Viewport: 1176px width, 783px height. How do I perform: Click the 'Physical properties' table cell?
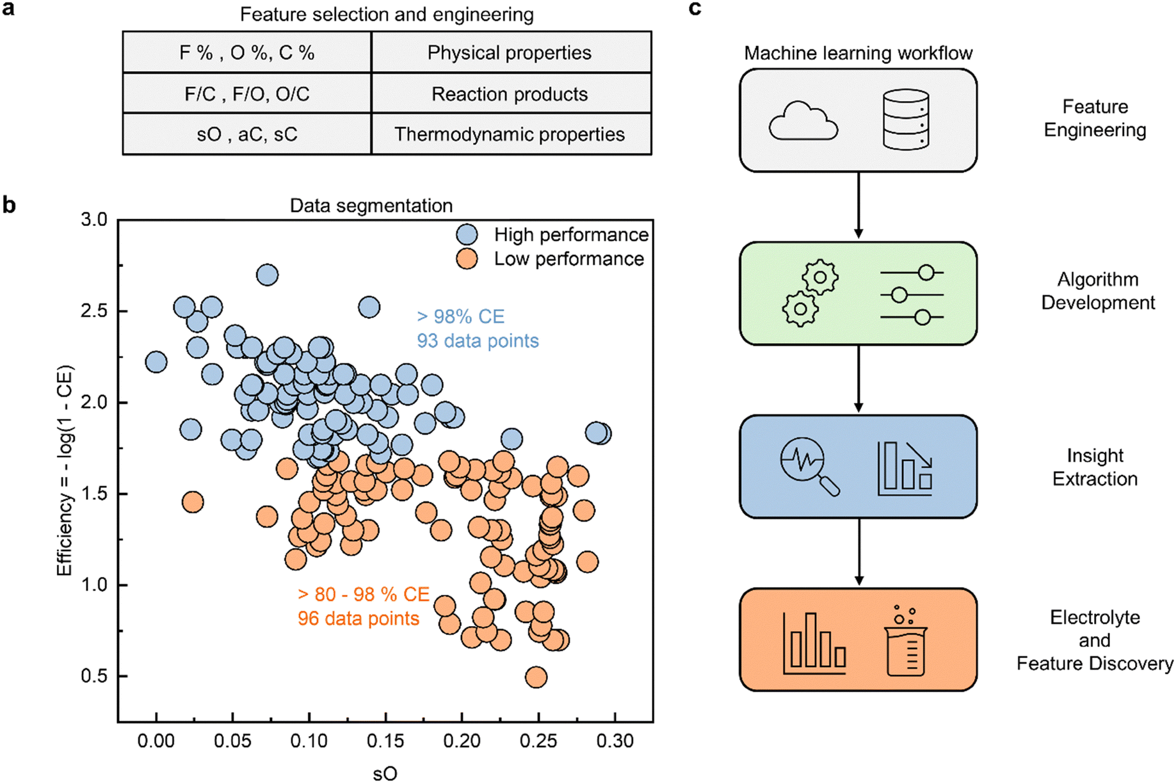510,52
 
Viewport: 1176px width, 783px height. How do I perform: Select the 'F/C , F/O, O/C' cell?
247,94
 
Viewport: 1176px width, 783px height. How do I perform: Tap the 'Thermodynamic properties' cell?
510,134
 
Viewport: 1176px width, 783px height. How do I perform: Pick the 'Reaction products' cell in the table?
510,94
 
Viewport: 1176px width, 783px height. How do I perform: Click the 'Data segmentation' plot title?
371,206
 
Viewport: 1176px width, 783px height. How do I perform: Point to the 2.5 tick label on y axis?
94,311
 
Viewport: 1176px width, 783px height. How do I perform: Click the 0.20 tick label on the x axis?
462,741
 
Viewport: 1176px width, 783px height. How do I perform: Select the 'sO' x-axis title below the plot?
385,773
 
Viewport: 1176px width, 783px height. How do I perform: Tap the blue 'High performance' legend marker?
467,235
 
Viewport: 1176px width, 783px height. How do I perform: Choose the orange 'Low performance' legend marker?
467,259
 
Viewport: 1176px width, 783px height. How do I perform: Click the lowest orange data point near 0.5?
536,677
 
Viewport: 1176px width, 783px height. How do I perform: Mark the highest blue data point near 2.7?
267,275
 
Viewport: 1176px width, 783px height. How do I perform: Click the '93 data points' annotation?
478,341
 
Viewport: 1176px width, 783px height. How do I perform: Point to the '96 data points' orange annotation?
358,618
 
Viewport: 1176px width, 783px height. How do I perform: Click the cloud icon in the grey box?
803,121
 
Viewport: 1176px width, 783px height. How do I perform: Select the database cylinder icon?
905,120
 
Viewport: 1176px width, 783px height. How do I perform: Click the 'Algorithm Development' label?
1097,291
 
